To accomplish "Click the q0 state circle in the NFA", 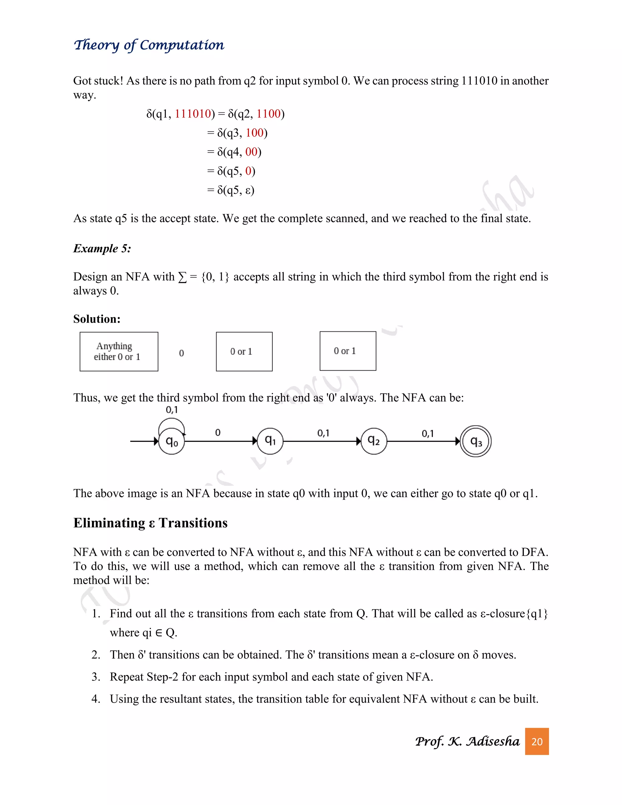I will [172, 441].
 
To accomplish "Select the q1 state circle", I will [270, 441].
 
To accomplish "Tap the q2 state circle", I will [374, 441].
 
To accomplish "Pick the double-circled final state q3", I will [476, 441].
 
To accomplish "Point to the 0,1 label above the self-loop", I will [172, 410].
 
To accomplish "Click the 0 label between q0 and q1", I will [218, 432].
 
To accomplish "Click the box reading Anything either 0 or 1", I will [119, 351].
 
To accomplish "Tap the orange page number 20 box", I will [537, 741].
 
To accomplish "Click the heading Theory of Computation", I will [149, 45].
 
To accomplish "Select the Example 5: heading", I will [102, 248].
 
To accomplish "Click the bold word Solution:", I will [97, 319].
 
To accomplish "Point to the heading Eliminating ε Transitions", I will [150, 523].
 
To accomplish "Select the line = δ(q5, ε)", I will [231, 190].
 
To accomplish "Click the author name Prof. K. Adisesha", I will [467, 741].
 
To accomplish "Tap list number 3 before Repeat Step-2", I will [96, 677].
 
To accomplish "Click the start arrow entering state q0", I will [144, 441].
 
